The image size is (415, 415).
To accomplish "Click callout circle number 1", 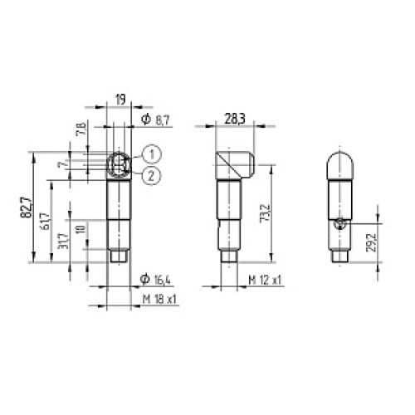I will (151, 153).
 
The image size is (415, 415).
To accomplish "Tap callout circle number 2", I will (151, 174).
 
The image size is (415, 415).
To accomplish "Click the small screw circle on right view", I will (339, 224).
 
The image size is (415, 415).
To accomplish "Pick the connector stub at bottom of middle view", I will (228, 259).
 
